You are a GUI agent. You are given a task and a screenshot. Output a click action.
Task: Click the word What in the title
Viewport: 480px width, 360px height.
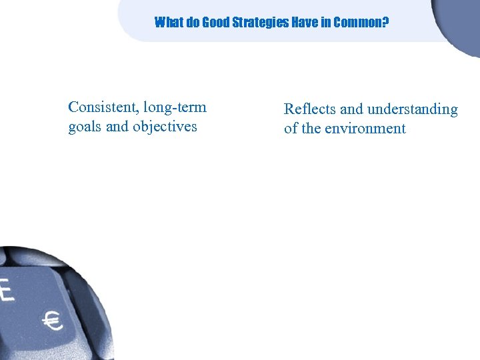(x=168, y=23)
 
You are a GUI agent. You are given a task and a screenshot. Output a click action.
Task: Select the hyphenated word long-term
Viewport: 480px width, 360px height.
(x=175, y=107)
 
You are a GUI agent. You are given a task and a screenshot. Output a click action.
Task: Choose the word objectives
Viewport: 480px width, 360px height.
(x=165, y=127)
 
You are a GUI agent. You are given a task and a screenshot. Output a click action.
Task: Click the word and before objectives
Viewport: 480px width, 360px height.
(x=117, y=127)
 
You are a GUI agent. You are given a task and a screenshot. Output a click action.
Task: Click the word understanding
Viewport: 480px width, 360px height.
(x=413, y=109)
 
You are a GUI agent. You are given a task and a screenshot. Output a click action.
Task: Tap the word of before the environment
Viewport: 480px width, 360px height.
(x=291, y=129)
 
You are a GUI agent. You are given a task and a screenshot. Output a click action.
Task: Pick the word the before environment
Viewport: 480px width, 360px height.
(x=312, y=129)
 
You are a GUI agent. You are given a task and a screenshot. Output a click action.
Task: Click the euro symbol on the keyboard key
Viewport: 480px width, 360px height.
(x=53, y=322)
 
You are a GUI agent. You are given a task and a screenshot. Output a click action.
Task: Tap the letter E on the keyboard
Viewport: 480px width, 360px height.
(x=6, y=289)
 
